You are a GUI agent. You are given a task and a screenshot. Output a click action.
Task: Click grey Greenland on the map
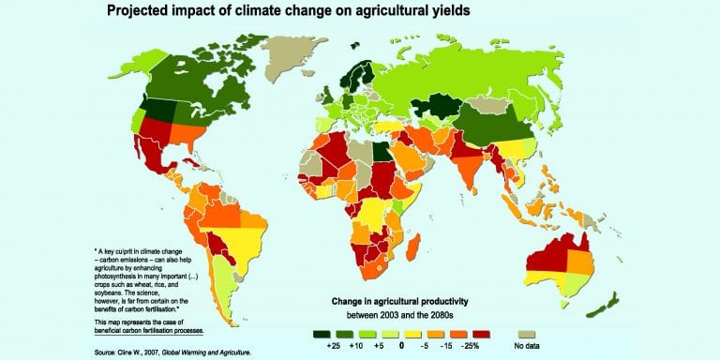291,57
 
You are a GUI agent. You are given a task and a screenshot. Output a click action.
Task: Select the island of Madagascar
412,247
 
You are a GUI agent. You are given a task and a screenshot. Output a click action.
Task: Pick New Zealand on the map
604,306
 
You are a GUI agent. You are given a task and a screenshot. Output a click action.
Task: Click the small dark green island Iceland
354,45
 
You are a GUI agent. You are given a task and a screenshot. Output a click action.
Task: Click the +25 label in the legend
332,345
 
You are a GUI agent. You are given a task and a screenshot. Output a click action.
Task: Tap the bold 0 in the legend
401,345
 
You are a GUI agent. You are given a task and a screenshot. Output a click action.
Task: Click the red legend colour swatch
480,335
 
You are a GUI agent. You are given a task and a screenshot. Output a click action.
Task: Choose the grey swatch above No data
527,335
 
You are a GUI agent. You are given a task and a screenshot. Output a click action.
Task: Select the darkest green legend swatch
322,335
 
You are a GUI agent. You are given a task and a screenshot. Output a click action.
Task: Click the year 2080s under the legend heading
441,315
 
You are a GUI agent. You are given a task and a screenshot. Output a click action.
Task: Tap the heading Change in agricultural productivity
399,302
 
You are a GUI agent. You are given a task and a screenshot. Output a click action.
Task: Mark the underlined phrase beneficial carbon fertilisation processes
149,330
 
